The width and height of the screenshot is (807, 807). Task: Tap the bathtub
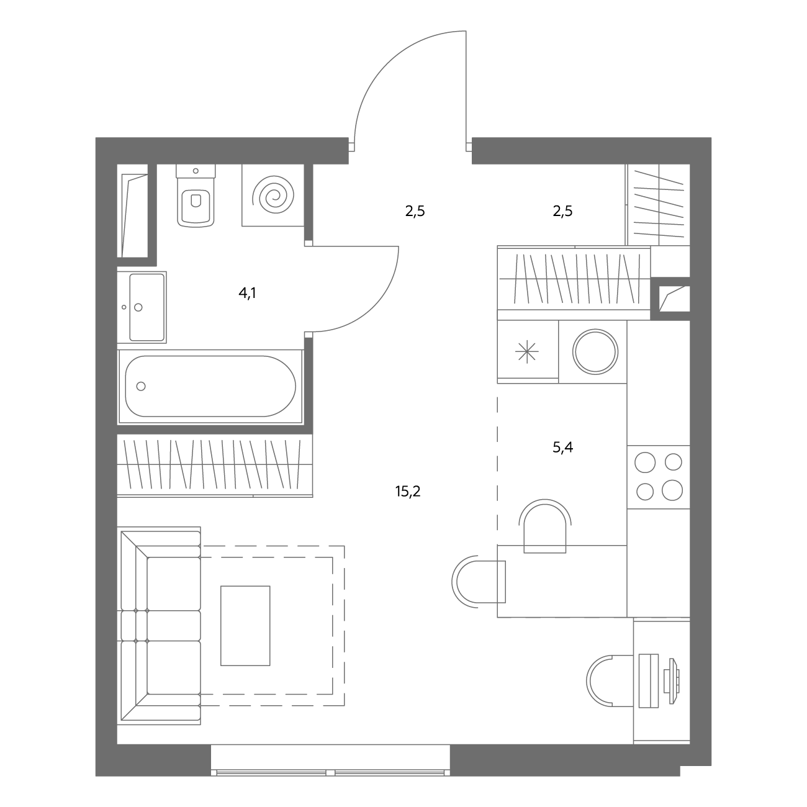[210, 387]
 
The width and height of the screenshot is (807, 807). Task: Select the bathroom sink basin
[147, 307]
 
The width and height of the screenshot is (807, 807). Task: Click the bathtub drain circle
[141, 386]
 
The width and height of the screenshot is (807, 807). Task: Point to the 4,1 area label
[248, 293]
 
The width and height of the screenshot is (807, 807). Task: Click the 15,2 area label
[407, 491]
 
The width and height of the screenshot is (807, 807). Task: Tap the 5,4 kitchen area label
[562, 448]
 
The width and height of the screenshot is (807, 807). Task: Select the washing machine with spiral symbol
[273, 195]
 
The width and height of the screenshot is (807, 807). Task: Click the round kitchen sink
[595, 352]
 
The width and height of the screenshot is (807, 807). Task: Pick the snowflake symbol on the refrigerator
[527, 352]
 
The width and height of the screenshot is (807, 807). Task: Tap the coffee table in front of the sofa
[245, 626]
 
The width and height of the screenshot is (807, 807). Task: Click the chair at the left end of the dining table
[479, 582]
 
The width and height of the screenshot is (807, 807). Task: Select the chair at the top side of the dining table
[545, 526]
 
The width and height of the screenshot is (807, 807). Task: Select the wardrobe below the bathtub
[215, 466]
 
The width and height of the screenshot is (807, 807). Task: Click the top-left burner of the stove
[645, 462]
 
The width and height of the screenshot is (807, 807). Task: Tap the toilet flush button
[196, 171]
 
